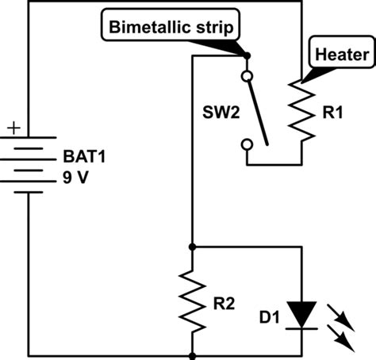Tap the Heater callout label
341,55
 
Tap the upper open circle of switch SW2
246,77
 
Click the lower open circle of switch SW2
246,144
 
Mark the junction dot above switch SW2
246,56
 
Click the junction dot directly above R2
192,246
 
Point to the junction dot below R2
192,354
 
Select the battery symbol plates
30,163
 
